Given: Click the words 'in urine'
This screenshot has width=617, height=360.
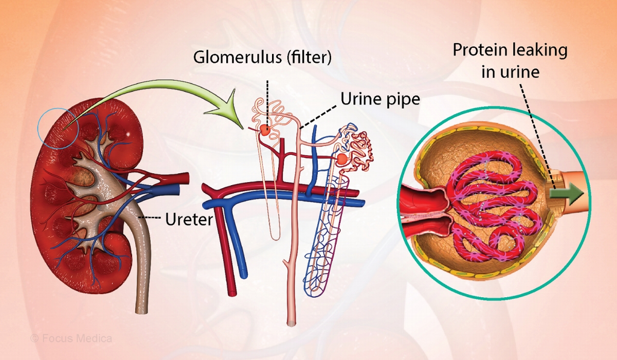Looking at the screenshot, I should pyautogui.click(x=510, y=72).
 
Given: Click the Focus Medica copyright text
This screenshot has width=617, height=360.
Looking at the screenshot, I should pyautogui.click(x=71, y=338).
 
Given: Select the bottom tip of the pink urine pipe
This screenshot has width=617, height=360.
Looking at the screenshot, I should pyautogui.click(x=292, y=322).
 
